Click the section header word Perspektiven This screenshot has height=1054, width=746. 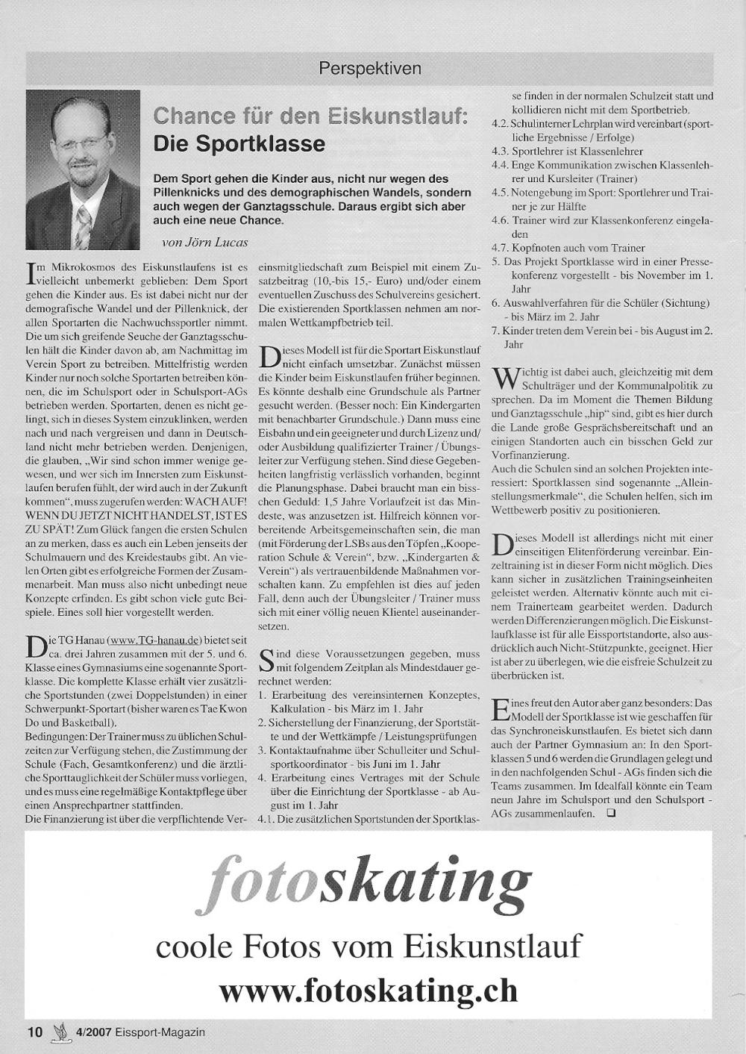coord(369,69)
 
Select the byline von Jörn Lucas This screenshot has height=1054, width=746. coord(204,242)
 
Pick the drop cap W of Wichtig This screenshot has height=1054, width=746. coord(504,377)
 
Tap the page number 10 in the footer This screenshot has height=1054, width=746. coord(35,1032)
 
